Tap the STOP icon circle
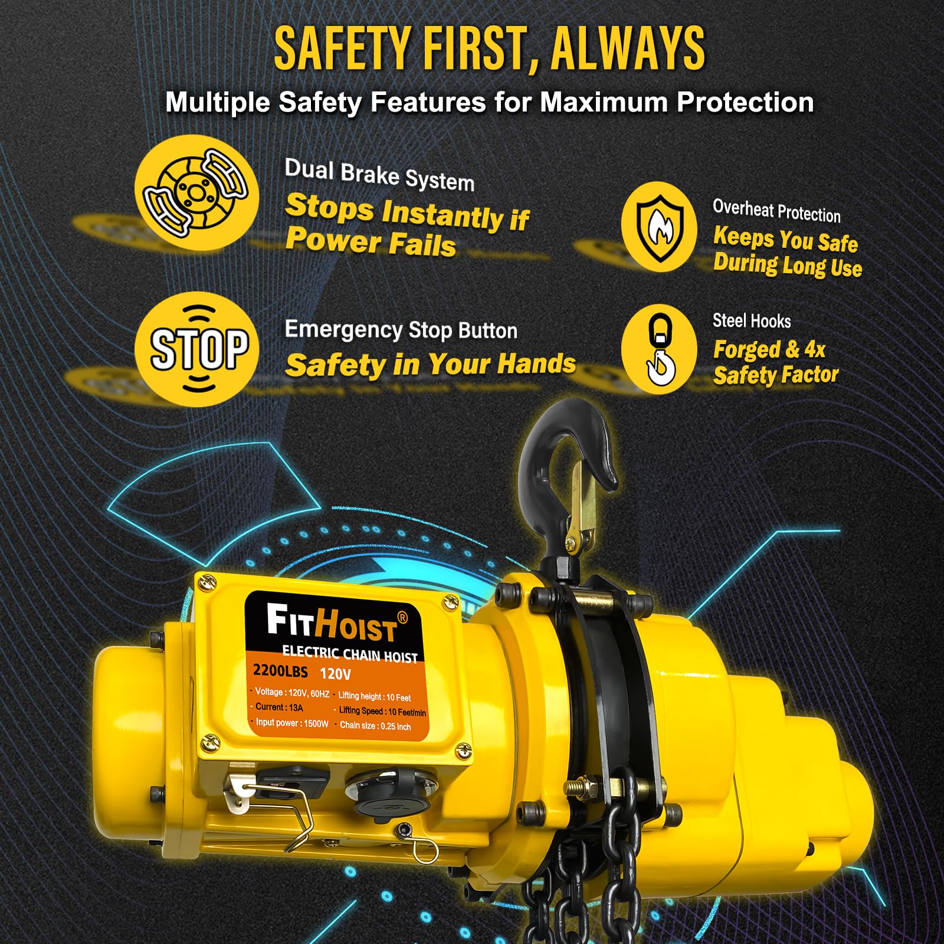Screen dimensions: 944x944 pos(196,349)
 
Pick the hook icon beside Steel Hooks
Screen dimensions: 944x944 pos(659,349)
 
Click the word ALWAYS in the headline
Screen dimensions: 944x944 pos(628,49)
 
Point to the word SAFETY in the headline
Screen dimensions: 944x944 pos(342,49)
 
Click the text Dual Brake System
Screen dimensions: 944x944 pos(379,175)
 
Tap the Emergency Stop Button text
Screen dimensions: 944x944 pos(401,330)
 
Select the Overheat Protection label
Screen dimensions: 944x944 pos(776,211)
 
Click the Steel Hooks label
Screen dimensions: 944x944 pos(752,321)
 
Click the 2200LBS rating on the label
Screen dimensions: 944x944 pos(280,671)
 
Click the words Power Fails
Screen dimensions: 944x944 pos(371,242)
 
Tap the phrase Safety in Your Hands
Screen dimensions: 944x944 pos(430,364)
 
